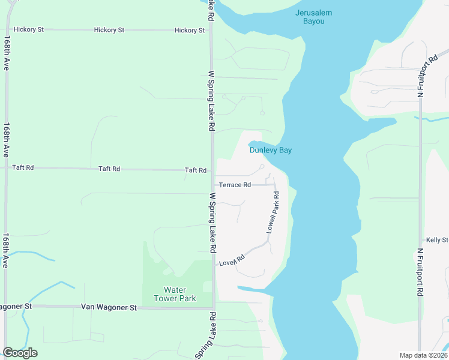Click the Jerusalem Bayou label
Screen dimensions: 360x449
[310, 17]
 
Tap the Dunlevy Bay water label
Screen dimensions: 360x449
[271, 150]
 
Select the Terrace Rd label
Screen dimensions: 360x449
[234, 185]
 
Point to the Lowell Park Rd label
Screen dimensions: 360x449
[273, 213]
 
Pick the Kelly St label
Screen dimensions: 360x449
[436, 240]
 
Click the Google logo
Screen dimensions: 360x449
[20, 353]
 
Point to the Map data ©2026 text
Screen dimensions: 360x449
[423, 355]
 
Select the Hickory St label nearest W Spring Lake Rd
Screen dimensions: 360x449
[189, 30]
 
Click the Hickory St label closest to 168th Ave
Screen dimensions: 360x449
[29, 29]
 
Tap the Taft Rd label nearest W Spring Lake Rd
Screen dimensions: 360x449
[196, 170]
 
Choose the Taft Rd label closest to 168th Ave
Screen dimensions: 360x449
[23, 168]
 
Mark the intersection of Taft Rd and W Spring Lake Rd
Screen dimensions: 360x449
[211, 170]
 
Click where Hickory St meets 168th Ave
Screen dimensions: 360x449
[6, 29]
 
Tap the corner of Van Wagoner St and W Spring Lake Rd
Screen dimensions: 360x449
[212, 308]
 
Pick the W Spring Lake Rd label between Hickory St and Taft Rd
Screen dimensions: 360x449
[211, 101]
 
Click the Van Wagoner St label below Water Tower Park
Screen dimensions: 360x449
[109, 307]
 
